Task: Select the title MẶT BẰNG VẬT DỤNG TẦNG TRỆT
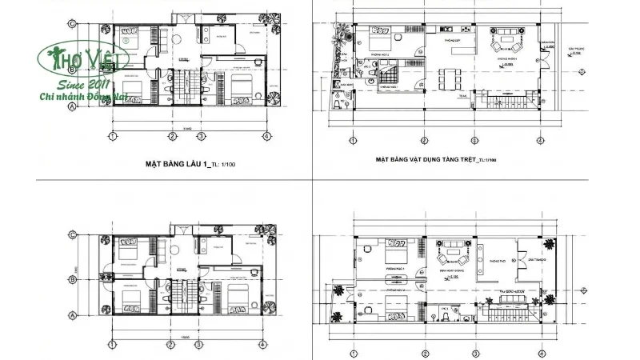(x=425, y=159)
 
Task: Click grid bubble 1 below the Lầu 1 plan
(x=113, y=136)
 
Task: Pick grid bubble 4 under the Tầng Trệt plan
(x=542, y=142)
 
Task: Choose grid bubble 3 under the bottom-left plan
(x=201, y=345)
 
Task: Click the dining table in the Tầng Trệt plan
(x=449, y=80)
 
